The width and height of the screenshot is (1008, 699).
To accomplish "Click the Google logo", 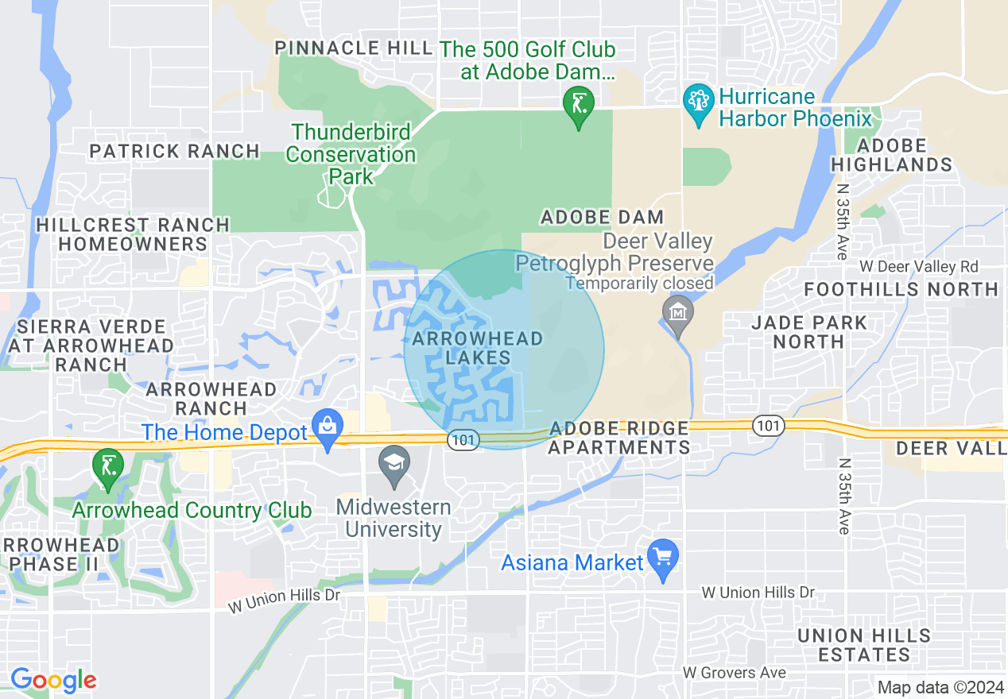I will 53,681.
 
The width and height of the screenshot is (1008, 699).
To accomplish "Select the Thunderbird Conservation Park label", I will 351,153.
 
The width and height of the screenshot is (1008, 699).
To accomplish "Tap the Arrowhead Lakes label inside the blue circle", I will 479,348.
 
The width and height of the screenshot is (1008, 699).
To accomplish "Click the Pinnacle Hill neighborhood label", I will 355,48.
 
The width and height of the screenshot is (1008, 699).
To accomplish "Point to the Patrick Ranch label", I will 175,151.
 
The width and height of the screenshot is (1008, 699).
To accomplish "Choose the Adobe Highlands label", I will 892,156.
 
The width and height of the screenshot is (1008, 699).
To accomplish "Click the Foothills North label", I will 901,289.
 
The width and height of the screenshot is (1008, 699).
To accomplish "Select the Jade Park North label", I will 809,332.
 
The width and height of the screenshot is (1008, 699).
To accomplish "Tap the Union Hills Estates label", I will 863,645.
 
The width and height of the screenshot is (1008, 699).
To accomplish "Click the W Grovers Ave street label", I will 735,673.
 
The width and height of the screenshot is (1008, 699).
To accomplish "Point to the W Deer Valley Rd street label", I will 919,267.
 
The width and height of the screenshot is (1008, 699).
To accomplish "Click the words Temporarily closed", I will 639,283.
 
